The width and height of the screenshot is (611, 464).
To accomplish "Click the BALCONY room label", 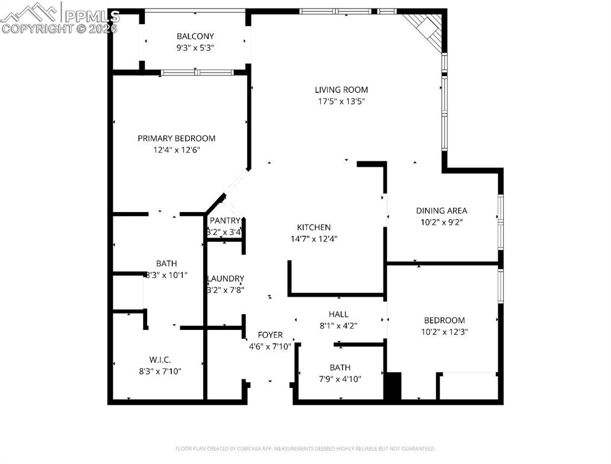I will pyautogui.click(x=195, y=36).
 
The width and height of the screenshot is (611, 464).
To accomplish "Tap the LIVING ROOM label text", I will pyautogui.click(x=341, y=90).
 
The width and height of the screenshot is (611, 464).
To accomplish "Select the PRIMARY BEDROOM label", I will pyautogui.click(x=176, y=138).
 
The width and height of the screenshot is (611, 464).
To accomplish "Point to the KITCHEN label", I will pyautogui.click(x=314, y=227).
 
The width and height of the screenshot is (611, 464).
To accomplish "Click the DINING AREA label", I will pyautogui.click(x=442, y=211).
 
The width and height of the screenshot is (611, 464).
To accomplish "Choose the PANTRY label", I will pyautogui.click(x=224, y=221).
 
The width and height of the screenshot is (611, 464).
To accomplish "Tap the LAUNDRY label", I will pyautogui.click(x=226, y=279).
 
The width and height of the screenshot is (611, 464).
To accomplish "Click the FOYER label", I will pyautogui.click(x=270, y=335).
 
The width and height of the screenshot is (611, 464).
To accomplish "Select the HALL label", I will pyautogui.click(x=338, y=314).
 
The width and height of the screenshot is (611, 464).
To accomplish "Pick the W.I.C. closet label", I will pyautogui.click(x=160, y=359).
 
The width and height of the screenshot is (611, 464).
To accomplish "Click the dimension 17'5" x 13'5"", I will pyautogui.click(x=341, y=101).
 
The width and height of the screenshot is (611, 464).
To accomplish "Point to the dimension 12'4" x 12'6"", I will pyautogui.click(x=176, y=150).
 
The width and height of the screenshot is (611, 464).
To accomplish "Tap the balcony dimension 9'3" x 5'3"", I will pyautogui.click(x=195, y=47).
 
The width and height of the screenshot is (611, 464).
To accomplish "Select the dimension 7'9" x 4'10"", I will pyautogui.click(x=340, y=379).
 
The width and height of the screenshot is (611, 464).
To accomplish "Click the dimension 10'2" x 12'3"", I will pyautogui.click(x=444, y=332).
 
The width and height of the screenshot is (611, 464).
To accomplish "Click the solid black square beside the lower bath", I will pyautogui.click(x=393, y=386).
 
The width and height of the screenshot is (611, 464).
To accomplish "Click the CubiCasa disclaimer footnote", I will pyautogui.click(x=305, y=449).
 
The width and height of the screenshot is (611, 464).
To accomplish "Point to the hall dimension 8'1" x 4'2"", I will pyautogui.click(x=338, y=326).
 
